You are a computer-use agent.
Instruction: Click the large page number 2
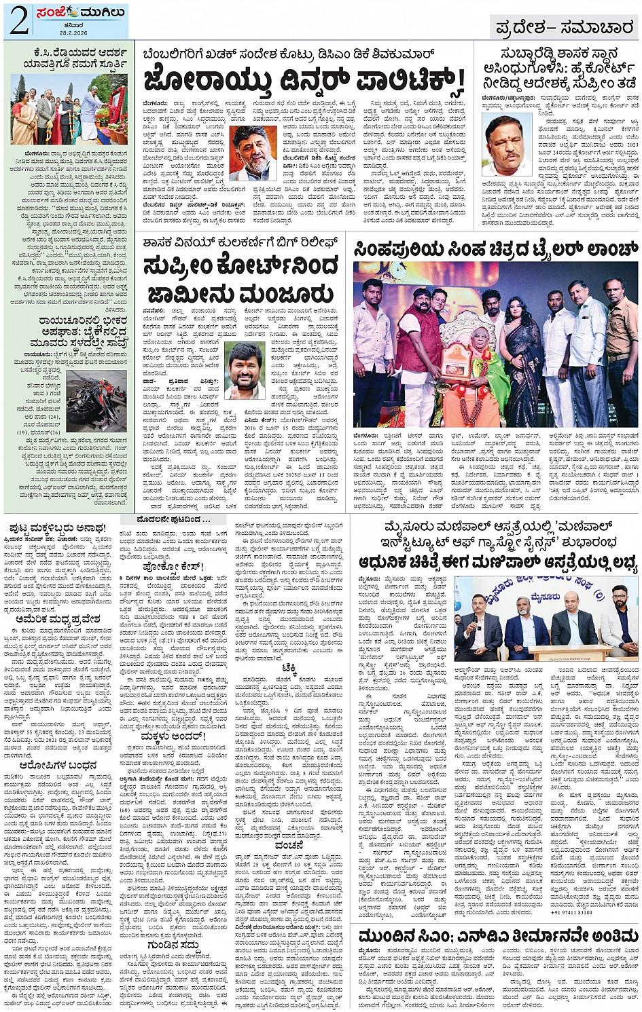click(19, 21)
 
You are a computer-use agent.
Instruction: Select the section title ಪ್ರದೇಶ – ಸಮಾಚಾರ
click(564, 28)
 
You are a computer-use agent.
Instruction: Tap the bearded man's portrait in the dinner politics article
click(253, 153)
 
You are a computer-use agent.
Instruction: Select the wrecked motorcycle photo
click(96, 400)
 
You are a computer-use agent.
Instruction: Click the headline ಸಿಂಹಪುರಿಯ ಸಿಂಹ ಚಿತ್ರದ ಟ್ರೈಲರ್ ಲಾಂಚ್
click(495, 250)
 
